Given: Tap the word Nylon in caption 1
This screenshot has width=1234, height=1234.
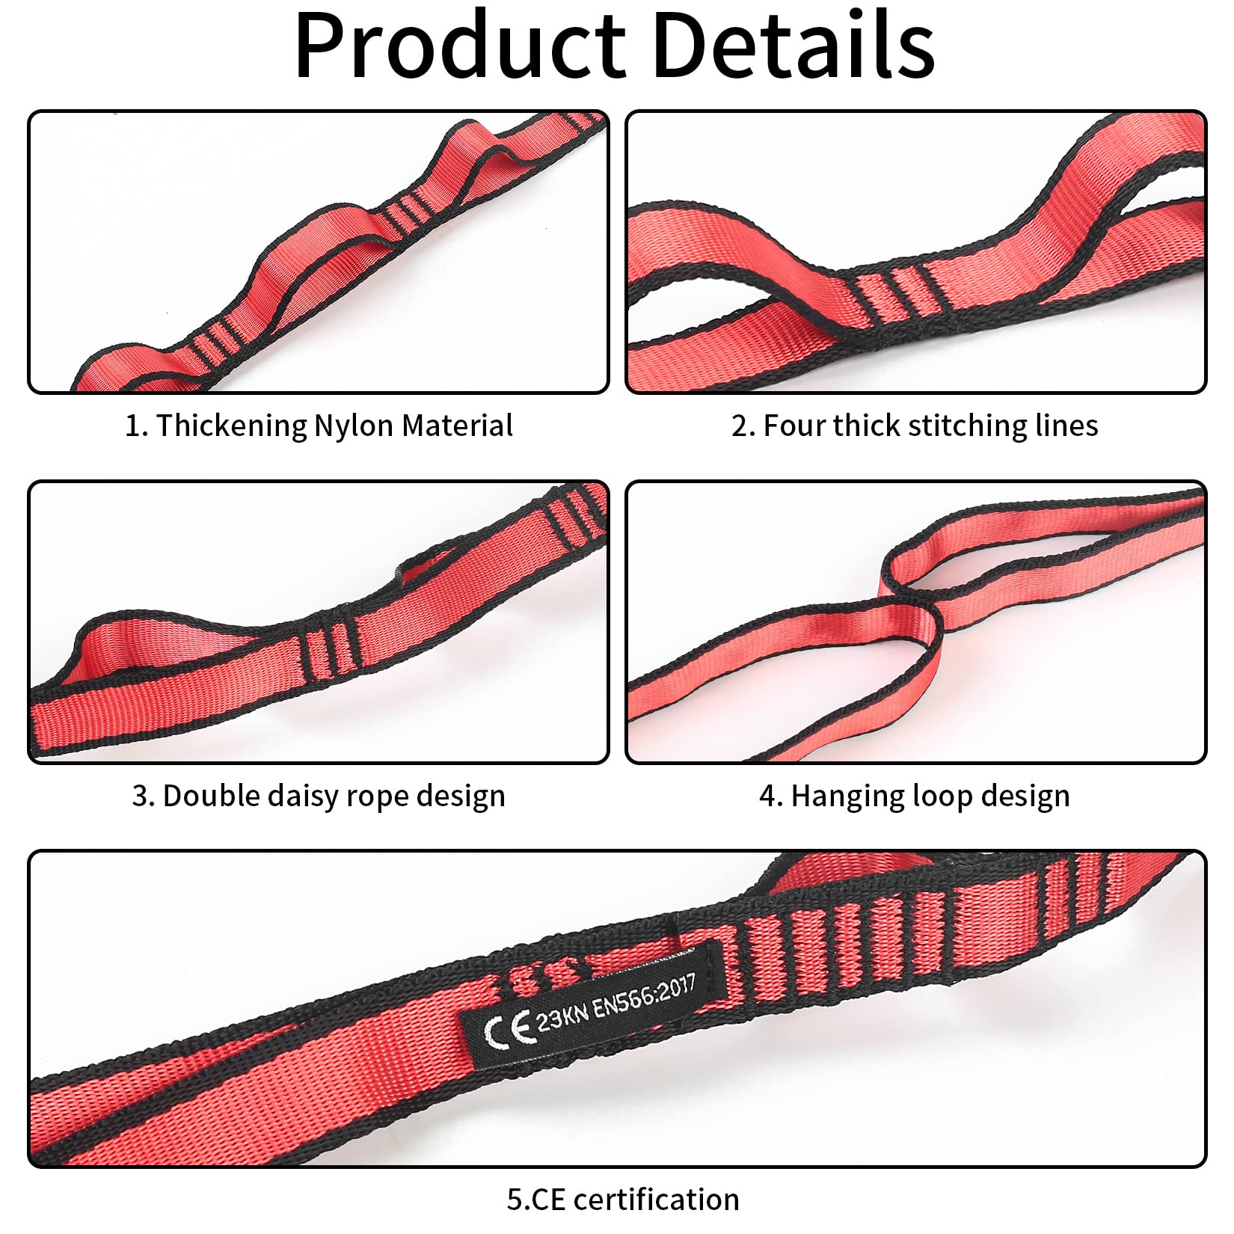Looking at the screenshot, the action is pyautogui.click(x=354, y=426).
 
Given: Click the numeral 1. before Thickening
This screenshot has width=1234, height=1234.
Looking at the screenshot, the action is pyautogui.click(x=137, y=426).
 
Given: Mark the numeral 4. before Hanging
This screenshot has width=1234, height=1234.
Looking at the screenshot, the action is pyautogui.click(x=772, y=796).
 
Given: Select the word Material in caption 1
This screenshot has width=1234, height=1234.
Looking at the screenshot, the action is pyautogui.click(x=457, y=426).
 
